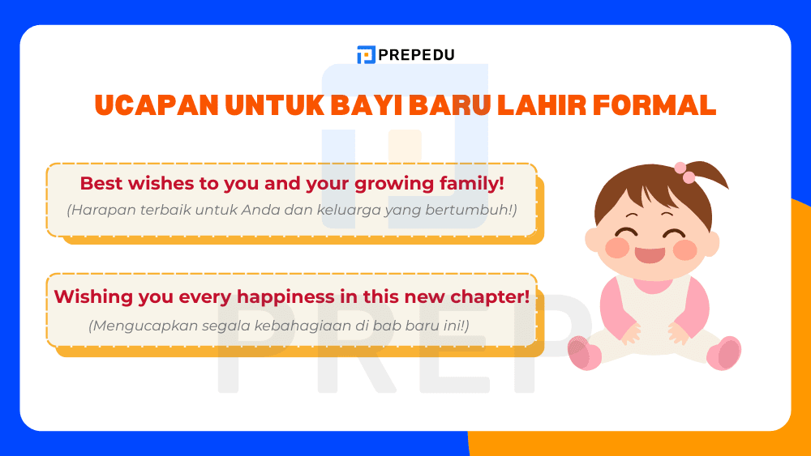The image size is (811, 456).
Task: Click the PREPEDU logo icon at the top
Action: (x=366, y=55)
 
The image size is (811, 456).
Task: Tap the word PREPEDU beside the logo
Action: (x=416, y=55)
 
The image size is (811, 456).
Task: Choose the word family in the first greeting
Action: (x=471, y=184)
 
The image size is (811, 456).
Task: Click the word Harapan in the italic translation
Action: (x=96, y=210)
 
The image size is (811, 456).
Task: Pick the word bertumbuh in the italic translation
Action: (x=474, y=210)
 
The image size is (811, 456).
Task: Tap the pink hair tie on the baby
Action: (x=686, y=173)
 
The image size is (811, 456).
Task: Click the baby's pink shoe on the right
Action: (x=724, y=353)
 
